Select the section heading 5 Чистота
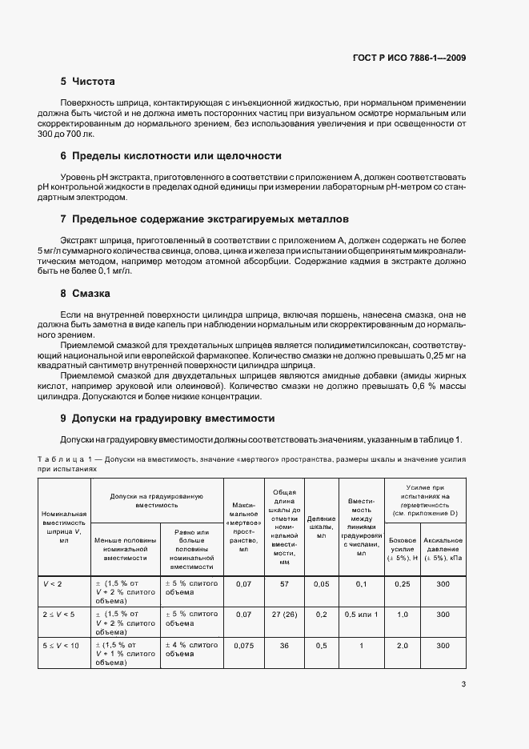(x=88, y=82)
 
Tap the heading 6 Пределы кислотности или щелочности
(x=170, y=155)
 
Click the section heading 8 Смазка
(x=84, y=293)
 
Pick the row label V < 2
(x=51, y=584)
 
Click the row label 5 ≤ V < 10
(x=61, y=645)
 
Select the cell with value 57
(x=284, y=584)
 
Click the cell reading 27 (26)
(x=284, y=615)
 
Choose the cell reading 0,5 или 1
(x=361, y=615)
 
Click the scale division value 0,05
(x=321, y=584)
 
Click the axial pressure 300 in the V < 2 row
(x=443, y=584)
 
